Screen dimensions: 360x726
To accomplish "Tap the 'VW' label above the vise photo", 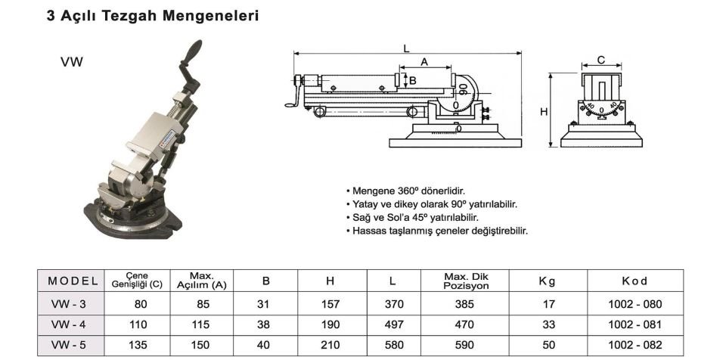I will pyautogui.click(x=72, y=63).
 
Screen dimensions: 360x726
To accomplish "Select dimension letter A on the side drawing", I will pyautogui.click(x=424, y=61).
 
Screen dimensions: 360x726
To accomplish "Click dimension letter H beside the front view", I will pyautogui.click(x=543, y=111).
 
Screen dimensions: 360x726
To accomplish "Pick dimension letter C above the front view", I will pyautogui.click(x=600, y=60).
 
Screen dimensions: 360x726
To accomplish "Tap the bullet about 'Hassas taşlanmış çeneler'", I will pyautogui.click(x=439, y=230).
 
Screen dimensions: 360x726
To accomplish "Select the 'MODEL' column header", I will pyautogui.click(x=73, y=281).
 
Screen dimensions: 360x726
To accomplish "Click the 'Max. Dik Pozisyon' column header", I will pyautogui.click(x=465, y=281).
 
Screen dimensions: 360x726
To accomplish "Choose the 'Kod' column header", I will pyautogui.click(x=634, y=281).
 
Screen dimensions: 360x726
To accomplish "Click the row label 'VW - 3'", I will pyautogui.click(x=70, y=305).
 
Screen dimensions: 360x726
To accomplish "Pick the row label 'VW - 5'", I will pyautogui.click(x=70, y=345).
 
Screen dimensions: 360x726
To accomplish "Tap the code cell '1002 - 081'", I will pyautogui.click(x=634, y=325).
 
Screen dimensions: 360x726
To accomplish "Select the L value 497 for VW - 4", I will pyautogui.click(x=392, y=325).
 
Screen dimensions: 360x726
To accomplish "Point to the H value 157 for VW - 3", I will pyautogui.click(x=330, y=305).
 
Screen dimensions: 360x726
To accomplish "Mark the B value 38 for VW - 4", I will pyautogui.click(x=265, y=325).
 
